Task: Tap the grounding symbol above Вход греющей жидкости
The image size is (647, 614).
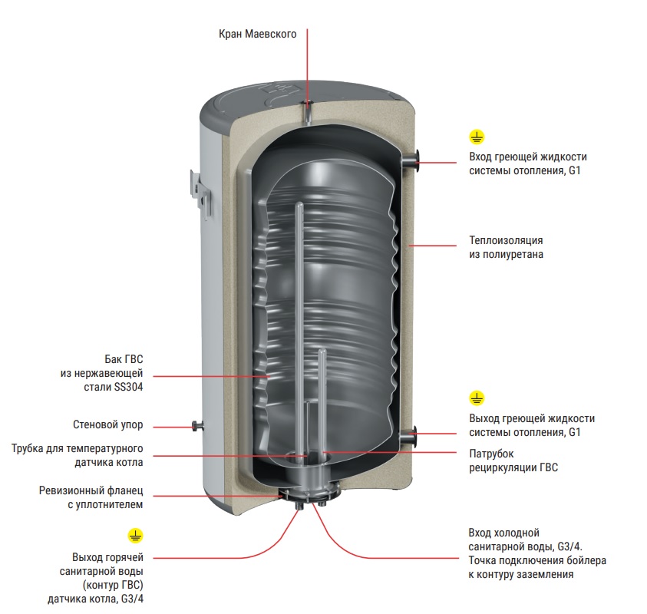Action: [477, 137]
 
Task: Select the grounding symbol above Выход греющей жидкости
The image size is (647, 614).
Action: [477, 398]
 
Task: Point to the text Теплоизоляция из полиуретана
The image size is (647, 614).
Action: [506, 246]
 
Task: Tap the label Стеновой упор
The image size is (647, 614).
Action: [107, 424]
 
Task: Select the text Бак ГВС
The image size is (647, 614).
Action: [124, 358]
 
